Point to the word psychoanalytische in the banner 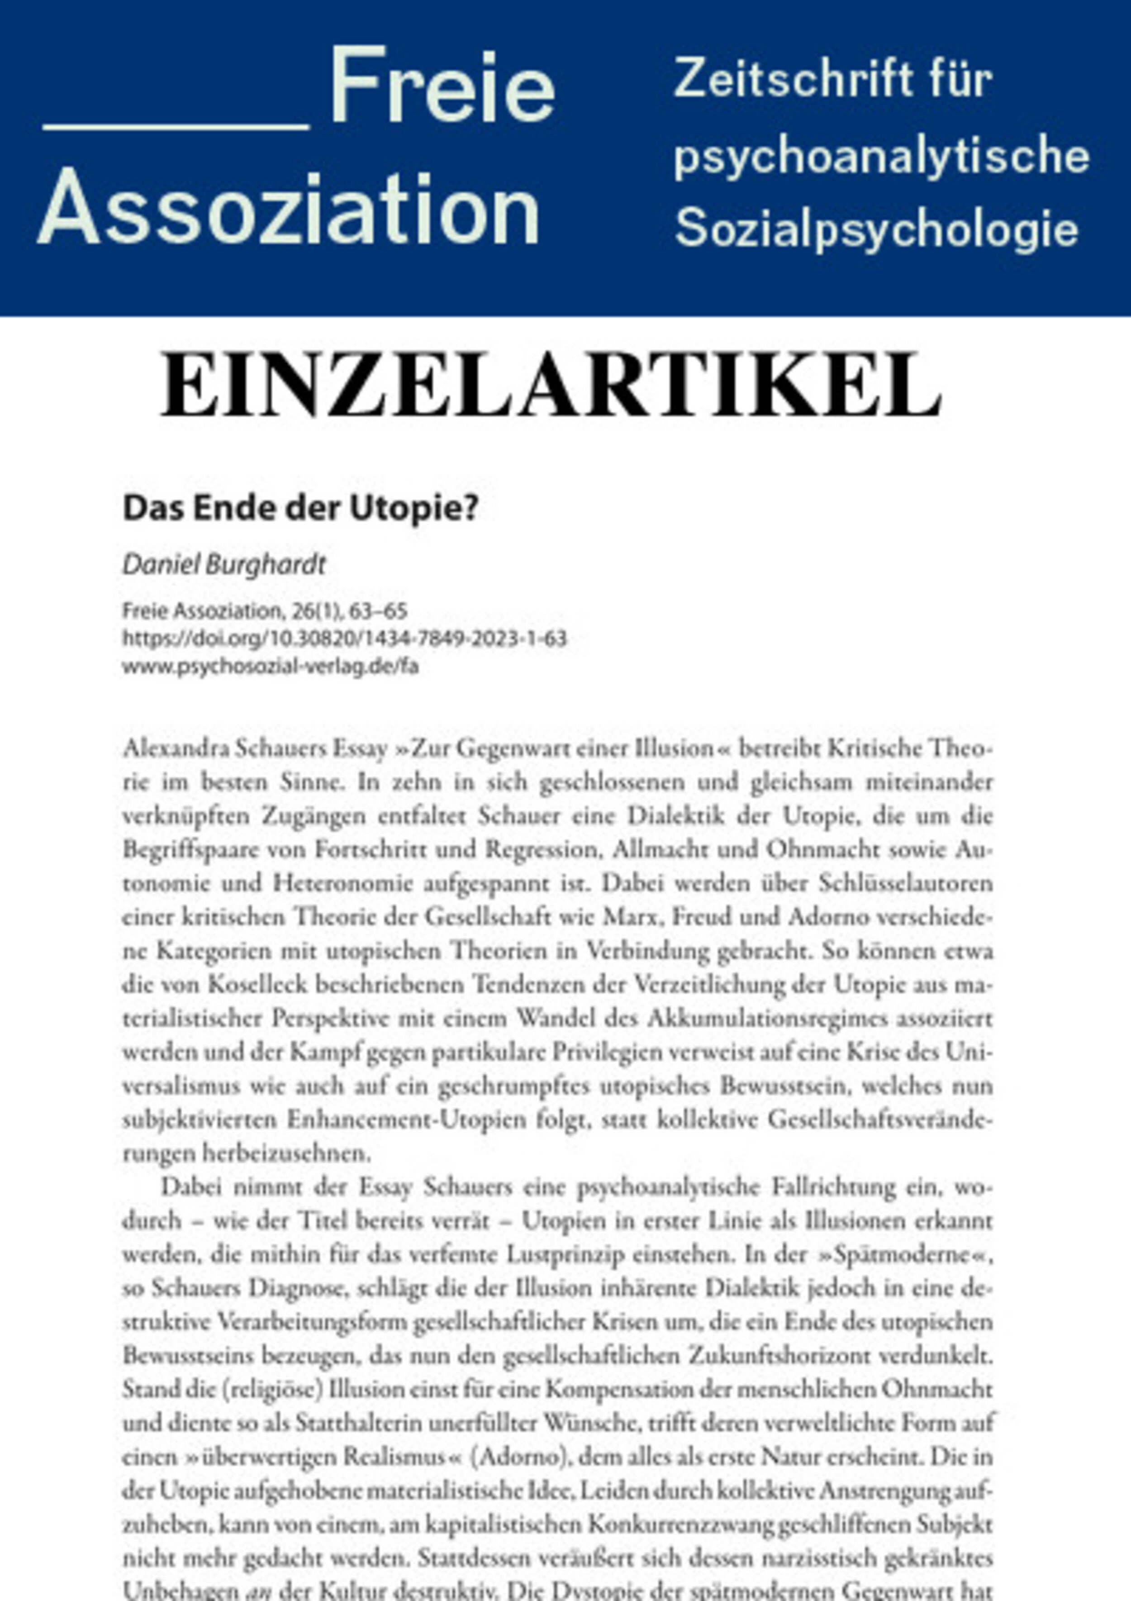pos(881,157)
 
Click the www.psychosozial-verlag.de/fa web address pos(271,666)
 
